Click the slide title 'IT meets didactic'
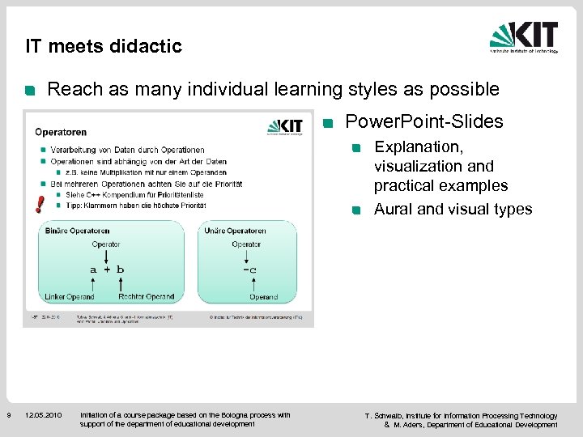pos(104,46)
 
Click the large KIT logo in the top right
pos(524,37)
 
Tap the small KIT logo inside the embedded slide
pos(284,127)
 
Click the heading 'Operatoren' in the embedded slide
pos(61,132)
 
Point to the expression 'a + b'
pos(107,269)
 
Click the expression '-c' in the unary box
pos(249,269)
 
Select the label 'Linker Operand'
pos(70,297)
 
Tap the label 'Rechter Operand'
pos(146,297)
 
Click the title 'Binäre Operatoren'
pos(79,231)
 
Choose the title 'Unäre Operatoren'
pos(236,231)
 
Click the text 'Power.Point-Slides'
pos(424,122)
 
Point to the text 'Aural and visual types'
pos(453,210)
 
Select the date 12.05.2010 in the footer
pos(43,416)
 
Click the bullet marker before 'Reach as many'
pos(29,90)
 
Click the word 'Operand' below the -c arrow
pos(264,297)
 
